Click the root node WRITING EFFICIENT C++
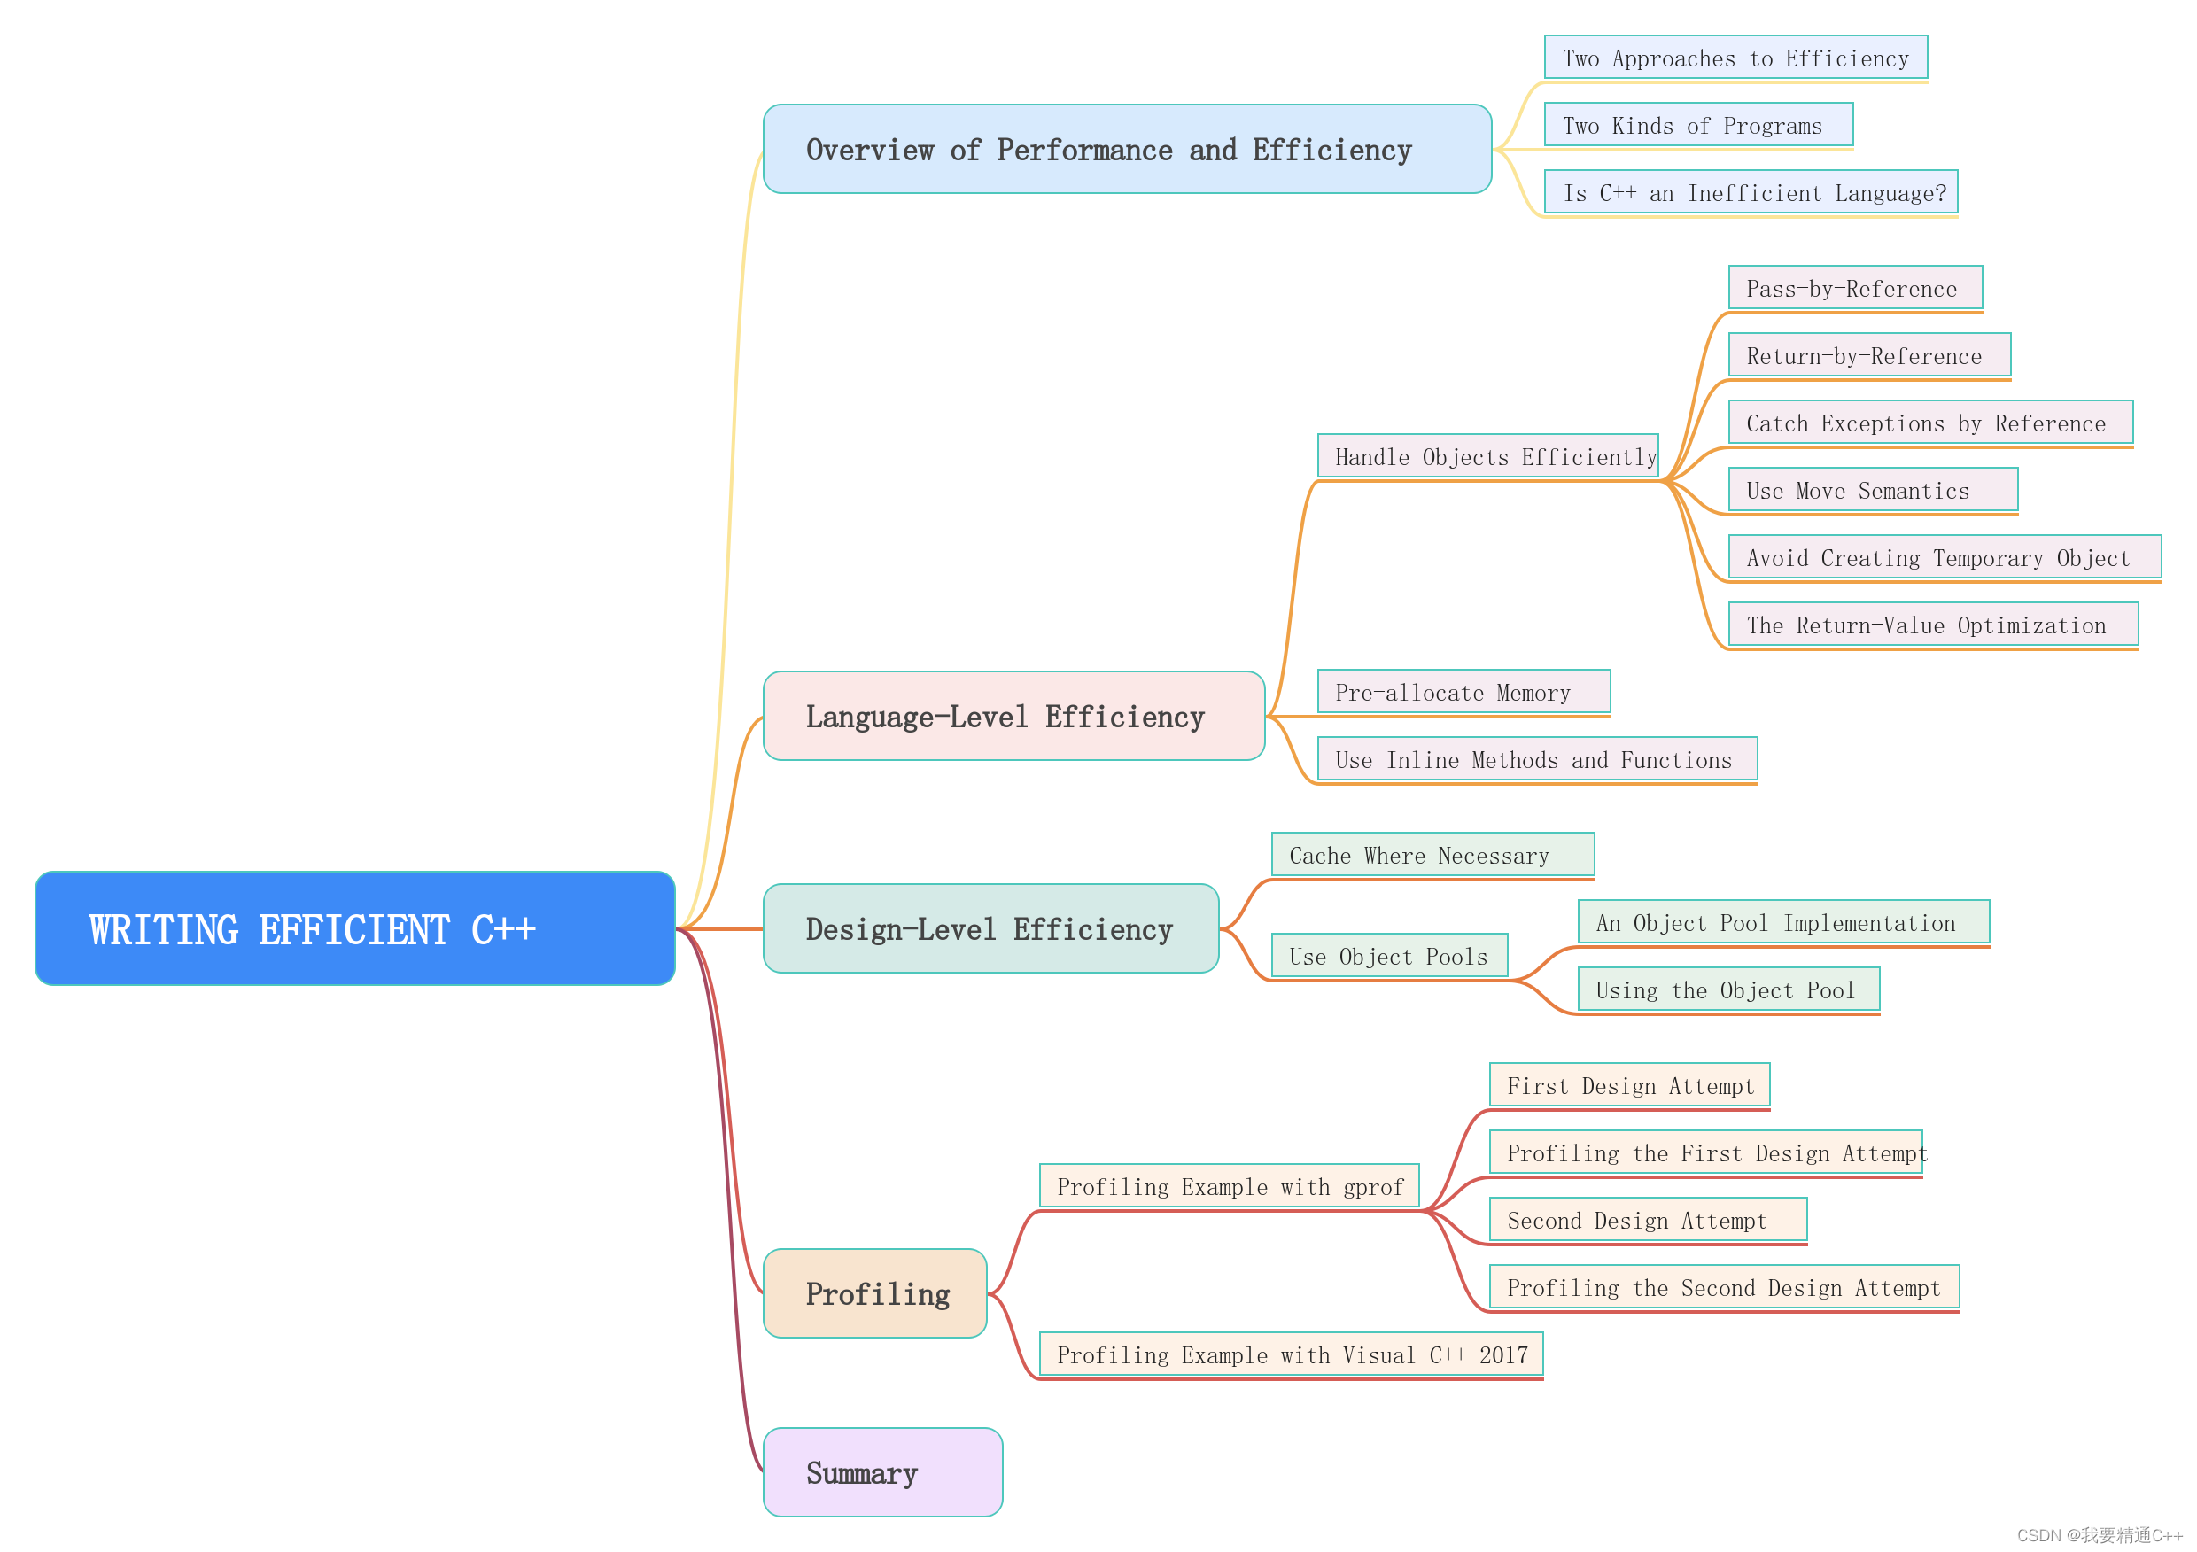[x=354, y=927]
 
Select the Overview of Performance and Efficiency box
[x=1126, y=150]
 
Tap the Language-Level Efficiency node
[x=1013, y=716]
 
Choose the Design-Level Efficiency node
[x=990, y=928]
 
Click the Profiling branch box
[x=874, y=1292]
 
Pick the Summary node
[x=882, y=1471]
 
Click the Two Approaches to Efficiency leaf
[x=1735, y=58]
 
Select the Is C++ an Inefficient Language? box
[x=1751, y=192]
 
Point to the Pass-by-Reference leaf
[x=1854, y=288]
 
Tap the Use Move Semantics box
[x=1873, y=490]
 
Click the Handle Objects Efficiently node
[x=1487, y=456]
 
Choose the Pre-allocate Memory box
[x=1463, y=692]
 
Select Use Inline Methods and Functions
[x=1537, y=760]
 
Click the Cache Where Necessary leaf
[x=1432, y=855]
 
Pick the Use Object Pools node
[x=1388, y=956]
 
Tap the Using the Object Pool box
[x=1728, y=989]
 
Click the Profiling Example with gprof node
[x=1229, y=1186]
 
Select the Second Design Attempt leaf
[x=1647, y=1220]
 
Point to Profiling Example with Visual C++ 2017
[x=1291, y=1354]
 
